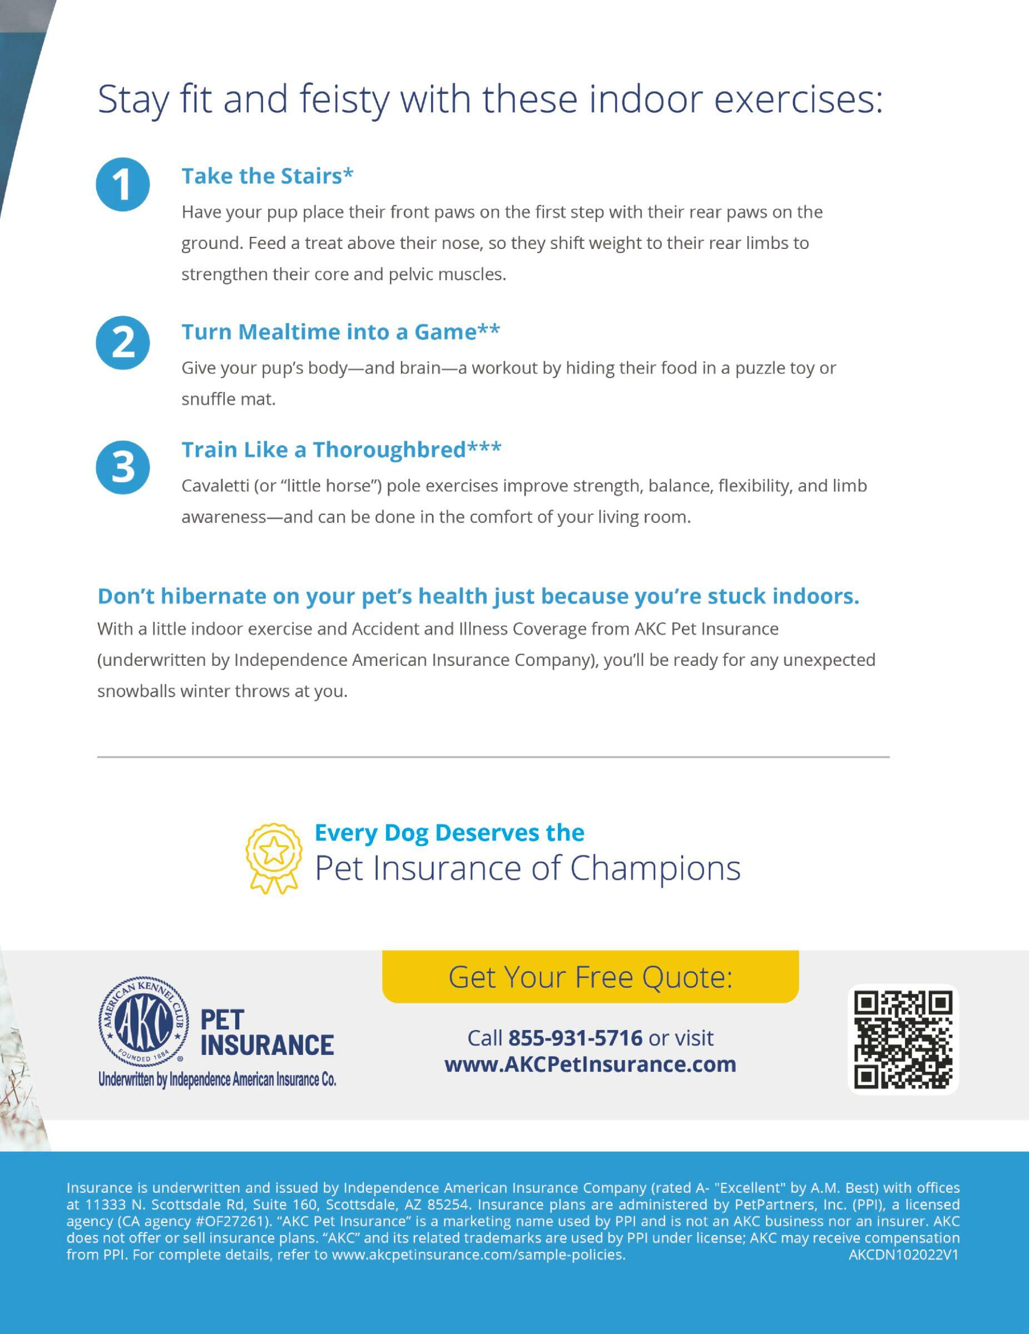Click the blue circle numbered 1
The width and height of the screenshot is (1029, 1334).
[123, 185]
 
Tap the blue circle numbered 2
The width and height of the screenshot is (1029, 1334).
[123, 342]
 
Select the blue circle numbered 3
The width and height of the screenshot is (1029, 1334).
[123, 467]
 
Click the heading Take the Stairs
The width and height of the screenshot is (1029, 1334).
[267, 176]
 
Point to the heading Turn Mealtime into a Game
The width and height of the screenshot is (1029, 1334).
[340, 332]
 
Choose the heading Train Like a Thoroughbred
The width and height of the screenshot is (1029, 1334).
[341, 450]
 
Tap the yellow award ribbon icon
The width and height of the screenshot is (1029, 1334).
[274, 858]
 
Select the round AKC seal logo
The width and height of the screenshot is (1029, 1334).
[144, 1021]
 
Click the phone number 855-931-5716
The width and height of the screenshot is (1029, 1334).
[576, 1038]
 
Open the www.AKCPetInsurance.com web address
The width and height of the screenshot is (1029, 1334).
[590, 1064]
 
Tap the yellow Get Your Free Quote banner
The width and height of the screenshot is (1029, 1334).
[590, 977]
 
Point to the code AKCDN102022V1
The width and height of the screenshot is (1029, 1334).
[904, 1255]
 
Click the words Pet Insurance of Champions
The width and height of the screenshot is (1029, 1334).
[527, 868]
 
